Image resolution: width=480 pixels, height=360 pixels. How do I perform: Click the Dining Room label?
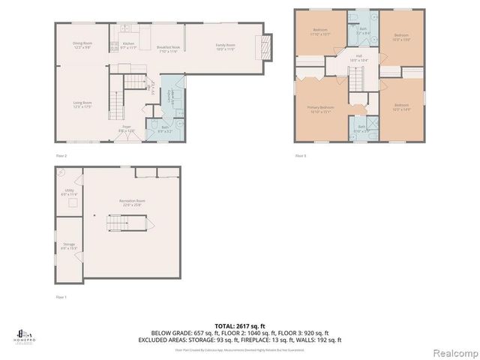pos(82,45)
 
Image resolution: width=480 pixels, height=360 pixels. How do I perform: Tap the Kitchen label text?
pos(130,45)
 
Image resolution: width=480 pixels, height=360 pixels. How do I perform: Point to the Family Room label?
pos(226,47)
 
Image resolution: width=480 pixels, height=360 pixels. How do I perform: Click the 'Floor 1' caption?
pos(61,297)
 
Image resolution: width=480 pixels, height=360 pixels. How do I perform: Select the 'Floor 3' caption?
pos(300,155)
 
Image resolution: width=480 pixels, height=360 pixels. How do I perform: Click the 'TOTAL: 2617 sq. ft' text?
pos(240,324)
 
